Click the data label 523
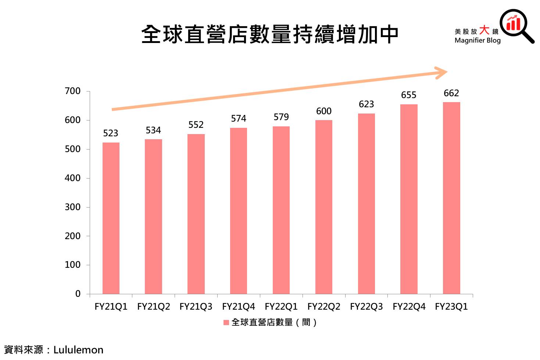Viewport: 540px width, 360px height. point(111,133)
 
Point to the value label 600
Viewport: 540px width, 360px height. point(323,111)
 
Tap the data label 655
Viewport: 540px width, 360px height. point(409,95)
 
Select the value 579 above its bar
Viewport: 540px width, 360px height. point(281,117)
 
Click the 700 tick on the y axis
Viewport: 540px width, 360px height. point(73,91)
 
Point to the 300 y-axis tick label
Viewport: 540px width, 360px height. point(73,207)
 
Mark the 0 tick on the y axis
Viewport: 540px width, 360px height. point(78,294)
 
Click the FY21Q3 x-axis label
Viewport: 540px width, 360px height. point(196,307)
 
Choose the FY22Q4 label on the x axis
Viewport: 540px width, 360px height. point(409,307)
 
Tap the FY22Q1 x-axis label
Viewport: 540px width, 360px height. point(281,307)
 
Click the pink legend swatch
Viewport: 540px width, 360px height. point(226,323)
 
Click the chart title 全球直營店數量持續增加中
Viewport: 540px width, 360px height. point(270,35)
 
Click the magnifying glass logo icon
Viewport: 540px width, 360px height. point(516,25)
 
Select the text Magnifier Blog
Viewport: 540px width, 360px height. point(478,40)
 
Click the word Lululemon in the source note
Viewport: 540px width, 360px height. point(78,350)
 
